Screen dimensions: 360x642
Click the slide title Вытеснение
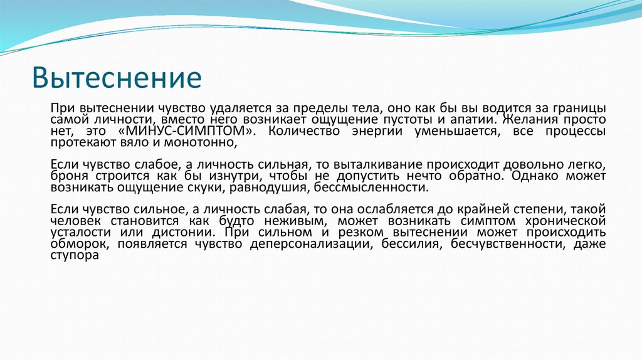click(117, 79)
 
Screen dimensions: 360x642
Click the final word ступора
click(75, 256)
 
